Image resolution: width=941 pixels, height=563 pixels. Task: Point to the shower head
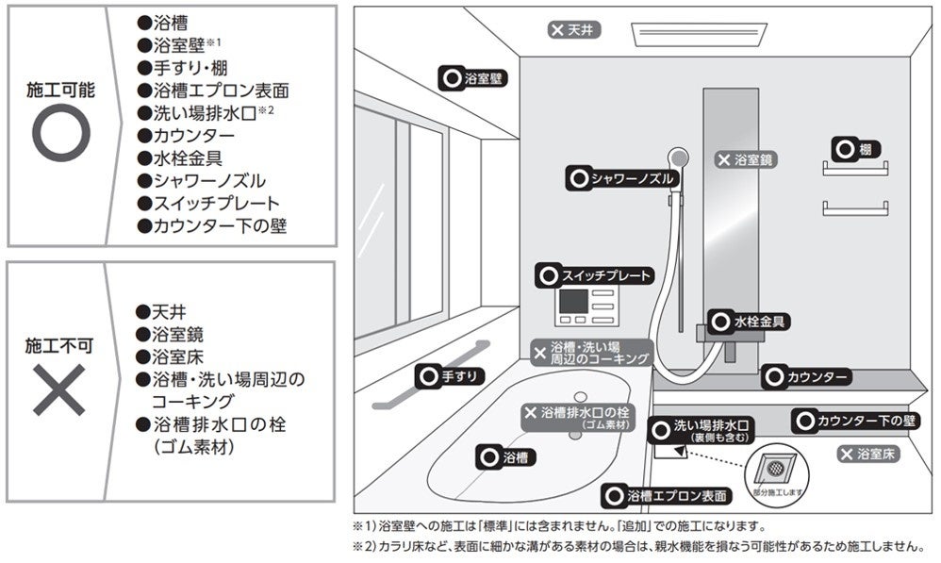(676, 157)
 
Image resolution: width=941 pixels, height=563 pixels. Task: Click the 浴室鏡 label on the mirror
(745, 159)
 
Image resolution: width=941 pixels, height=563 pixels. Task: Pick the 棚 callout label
(856, 149)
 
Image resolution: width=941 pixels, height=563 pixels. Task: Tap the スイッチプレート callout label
(594, 275)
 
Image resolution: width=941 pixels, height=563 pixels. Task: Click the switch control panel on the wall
(588, 304)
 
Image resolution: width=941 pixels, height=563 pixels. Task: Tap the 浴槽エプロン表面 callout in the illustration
(668, 495)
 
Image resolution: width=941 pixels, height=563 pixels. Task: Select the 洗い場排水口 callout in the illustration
(702, 431)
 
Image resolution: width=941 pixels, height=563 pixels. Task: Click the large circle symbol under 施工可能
(60, 131)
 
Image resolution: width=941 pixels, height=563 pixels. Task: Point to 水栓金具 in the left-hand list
(180, 157)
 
